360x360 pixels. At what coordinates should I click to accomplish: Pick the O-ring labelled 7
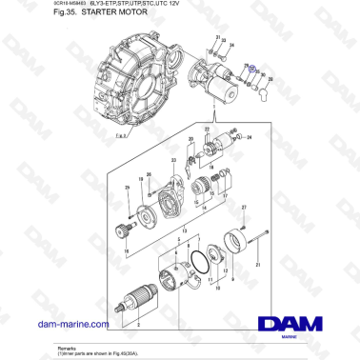point(197,259)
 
